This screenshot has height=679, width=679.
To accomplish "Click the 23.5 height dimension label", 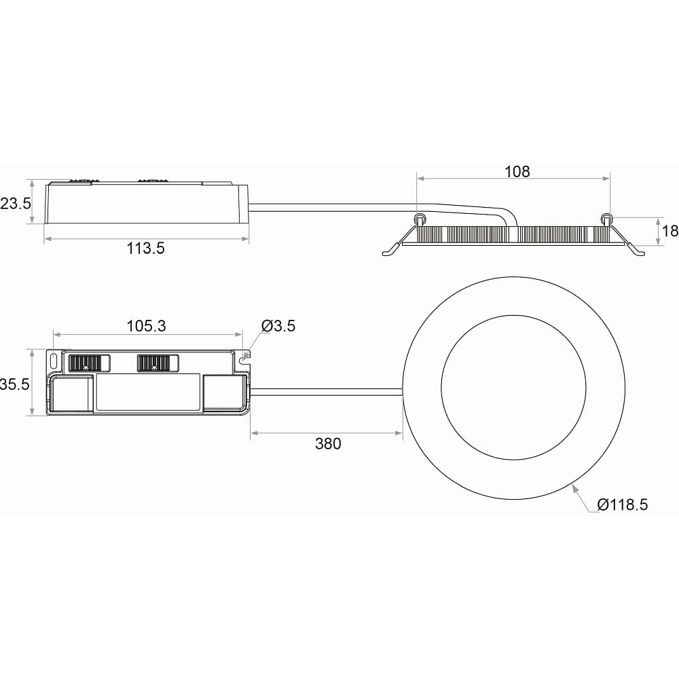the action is coord(16,203).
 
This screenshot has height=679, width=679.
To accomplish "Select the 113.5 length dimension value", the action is coord(145,249).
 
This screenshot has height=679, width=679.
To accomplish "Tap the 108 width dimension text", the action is coord(517,172).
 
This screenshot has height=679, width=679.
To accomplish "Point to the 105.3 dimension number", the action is coord(146,326).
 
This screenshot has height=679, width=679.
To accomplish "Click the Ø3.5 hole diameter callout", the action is coord(278,326).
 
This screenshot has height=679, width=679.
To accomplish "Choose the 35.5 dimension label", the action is coord(15,384).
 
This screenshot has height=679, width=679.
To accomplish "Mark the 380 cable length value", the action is coord(328,444).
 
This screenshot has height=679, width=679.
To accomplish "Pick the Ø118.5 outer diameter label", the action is coord(622,505).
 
